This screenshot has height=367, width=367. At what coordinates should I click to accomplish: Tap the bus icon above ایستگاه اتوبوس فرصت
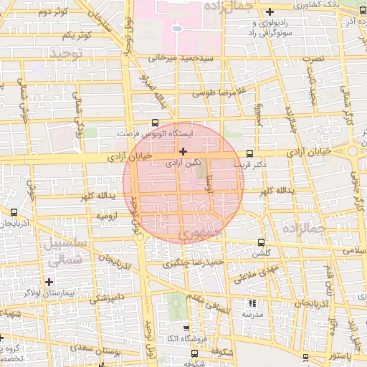(x=156, y=123)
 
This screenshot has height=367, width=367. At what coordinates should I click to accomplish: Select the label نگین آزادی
(x=183, y=163)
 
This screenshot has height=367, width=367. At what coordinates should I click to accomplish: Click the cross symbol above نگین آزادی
(x=184, y=151)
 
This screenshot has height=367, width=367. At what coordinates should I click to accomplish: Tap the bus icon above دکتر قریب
(x=249, y=153)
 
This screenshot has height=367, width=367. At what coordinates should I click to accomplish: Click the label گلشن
(x=259, y=253)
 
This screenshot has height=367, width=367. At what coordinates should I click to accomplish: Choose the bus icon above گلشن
(x=259, y=242)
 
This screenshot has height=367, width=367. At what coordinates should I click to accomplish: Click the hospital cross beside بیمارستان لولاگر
(x=49, y=282)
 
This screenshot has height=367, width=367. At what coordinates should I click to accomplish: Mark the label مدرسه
(x=252, y=315)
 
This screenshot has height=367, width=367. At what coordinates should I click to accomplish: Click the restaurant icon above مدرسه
(x=252, y=304)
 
